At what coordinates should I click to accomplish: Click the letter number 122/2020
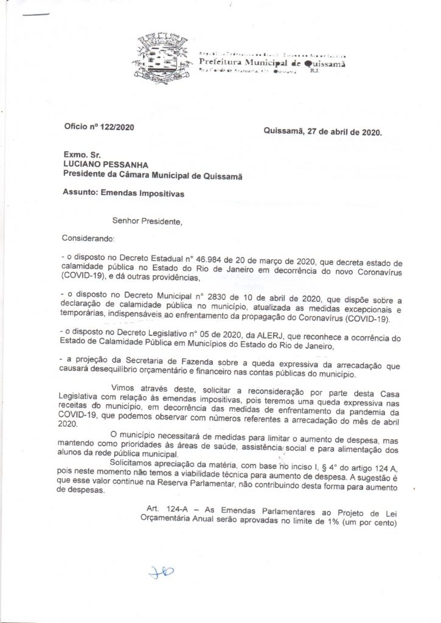[x=115, y=127]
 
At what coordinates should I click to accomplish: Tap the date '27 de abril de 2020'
[x=343, y=131]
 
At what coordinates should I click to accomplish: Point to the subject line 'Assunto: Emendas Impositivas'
[x=123, y=193]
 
